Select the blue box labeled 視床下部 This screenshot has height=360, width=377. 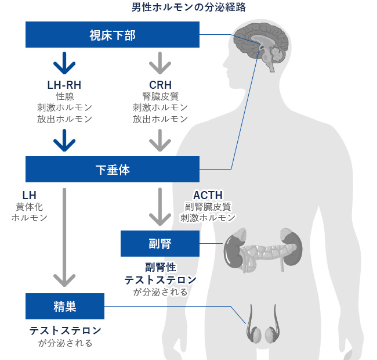pos(113,35)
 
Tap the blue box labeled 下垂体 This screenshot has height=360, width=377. pos(113,170)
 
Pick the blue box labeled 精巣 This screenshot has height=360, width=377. pos(65,306)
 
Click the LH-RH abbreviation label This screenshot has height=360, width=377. pos(64,85)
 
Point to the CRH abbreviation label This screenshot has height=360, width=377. pos(160,85)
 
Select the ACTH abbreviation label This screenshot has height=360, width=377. pos(208,195)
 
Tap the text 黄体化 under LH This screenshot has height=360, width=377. pos(29,206)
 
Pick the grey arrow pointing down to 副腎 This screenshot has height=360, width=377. pos(160,206)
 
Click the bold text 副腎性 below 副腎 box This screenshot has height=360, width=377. pos(160,268)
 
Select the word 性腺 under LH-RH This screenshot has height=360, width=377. pos(64,96)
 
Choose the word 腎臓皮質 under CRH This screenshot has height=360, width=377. pos(160,96)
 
